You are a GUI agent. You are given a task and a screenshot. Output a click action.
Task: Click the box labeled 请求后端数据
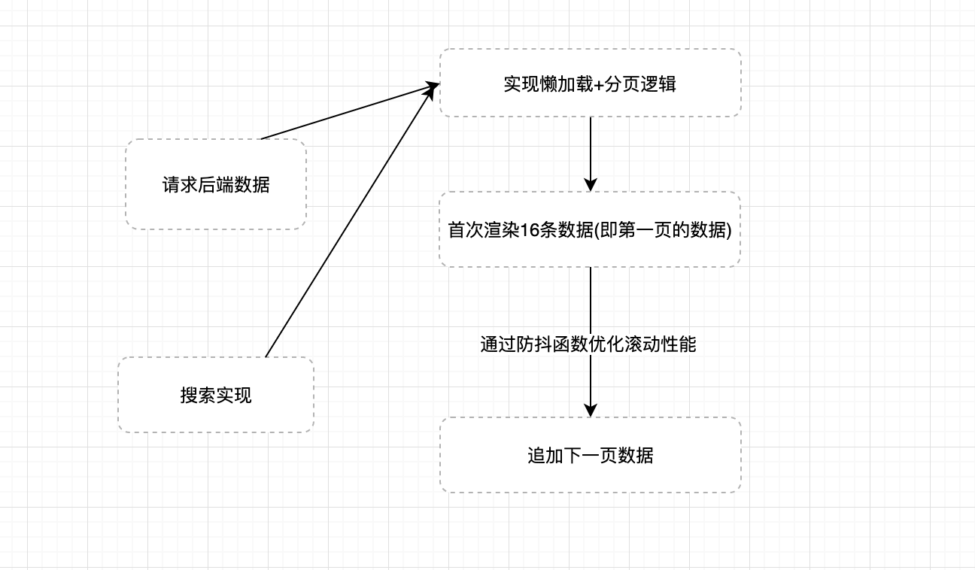216,184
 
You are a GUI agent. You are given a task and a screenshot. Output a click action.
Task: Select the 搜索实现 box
216,395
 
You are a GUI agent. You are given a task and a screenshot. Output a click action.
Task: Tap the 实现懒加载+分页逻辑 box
590,83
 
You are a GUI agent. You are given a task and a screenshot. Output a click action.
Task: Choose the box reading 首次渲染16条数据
590,229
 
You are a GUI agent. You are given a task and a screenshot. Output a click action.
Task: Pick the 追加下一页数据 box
590,455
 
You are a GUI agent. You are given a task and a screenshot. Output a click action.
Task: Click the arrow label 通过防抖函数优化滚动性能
588,344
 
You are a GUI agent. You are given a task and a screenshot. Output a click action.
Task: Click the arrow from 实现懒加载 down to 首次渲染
591,150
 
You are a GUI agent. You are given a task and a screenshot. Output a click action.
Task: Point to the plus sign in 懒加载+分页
599,84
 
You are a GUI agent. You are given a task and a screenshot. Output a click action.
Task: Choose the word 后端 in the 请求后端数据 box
216,184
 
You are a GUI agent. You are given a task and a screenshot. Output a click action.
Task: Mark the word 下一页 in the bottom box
590,455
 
